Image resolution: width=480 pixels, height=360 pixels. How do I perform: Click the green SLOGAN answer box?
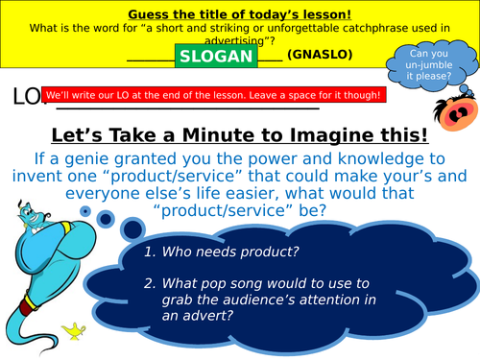pyautogui.click(x=216, y=56)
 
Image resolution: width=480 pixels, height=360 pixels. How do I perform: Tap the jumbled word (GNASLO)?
pyautogui.click(x=322, y=56)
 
